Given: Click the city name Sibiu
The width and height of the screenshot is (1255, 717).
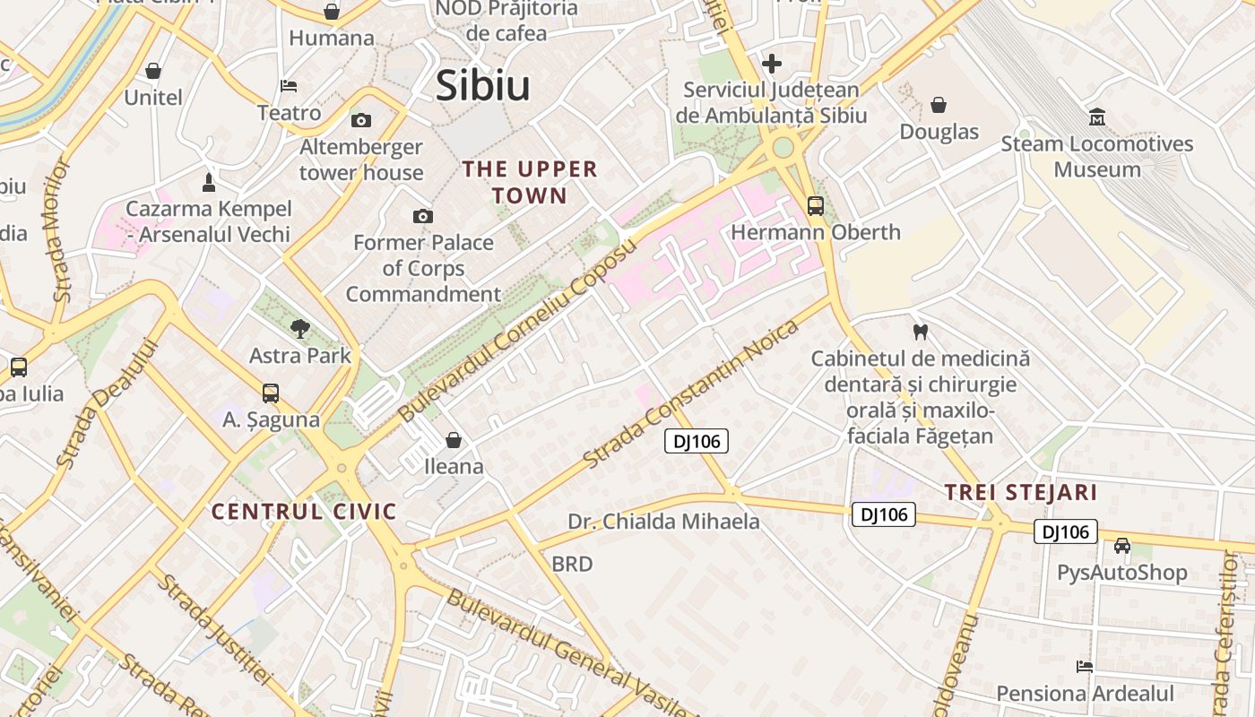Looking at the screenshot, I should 482,86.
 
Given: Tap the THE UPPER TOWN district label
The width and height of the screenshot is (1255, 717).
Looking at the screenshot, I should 529,182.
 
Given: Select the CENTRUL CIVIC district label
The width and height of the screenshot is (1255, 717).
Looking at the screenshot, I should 304,512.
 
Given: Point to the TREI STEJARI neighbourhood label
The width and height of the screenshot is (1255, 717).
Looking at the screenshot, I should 1021,492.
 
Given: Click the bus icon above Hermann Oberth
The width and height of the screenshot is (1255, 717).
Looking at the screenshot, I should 815,205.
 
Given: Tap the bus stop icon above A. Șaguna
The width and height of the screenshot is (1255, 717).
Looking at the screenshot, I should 271,393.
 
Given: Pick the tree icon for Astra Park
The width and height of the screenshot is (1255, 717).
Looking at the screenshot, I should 300,329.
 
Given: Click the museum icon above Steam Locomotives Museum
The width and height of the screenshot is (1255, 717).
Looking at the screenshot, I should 1096,117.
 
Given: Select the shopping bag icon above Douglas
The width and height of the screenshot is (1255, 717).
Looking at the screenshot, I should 939,105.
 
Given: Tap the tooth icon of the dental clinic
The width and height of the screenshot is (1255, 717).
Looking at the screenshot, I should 920,332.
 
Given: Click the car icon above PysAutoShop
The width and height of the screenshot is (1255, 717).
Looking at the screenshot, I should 1121,545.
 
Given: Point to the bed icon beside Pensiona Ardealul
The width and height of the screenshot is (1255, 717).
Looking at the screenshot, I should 1085,667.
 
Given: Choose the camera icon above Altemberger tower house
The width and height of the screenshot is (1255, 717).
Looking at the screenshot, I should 360,120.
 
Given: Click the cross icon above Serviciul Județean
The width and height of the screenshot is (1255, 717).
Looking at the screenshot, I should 771,64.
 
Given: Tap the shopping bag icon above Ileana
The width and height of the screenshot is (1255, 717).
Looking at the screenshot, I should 454,439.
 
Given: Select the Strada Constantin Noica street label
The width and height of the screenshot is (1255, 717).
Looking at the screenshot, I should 690,393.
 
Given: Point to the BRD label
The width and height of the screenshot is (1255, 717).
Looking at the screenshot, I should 572,564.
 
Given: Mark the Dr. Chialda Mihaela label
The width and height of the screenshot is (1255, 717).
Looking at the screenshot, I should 663,522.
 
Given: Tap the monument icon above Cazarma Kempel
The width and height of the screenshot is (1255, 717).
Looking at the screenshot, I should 209,183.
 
